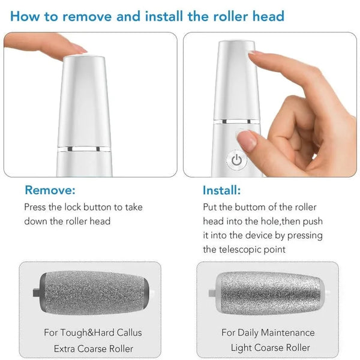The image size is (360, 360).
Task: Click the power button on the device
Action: [236, 160]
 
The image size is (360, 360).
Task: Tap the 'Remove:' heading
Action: [50, 191]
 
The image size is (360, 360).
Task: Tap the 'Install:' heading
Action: [222, 191]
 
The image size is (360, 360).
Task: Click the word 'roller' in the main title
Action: [230, 15]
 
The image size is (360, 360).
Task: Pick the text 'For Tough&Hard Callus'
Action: [92, 332]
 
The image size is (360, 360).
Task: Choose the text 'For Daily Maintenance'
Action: [268, 332]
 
